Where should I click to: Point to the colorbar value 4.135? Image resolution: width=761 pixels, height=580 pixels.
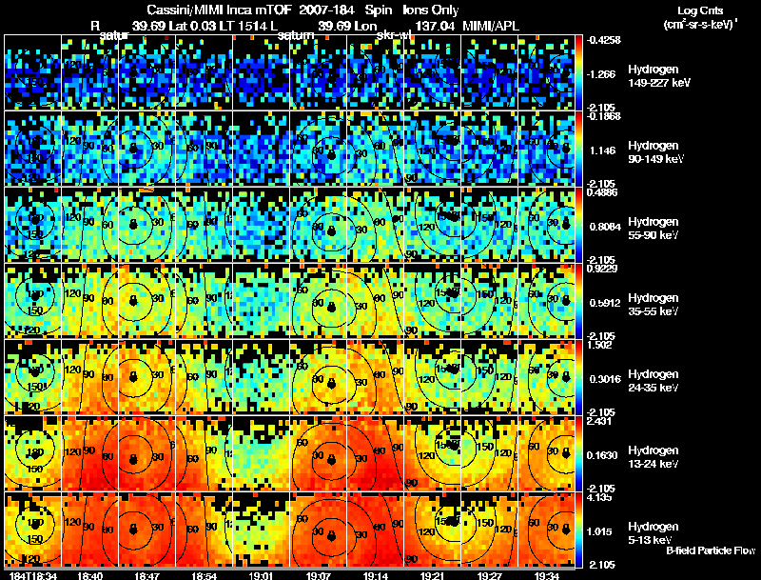[x=600, y=497]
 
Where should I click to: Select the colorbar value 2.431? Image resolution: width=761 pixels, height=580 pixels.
[x=600, y=421]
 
